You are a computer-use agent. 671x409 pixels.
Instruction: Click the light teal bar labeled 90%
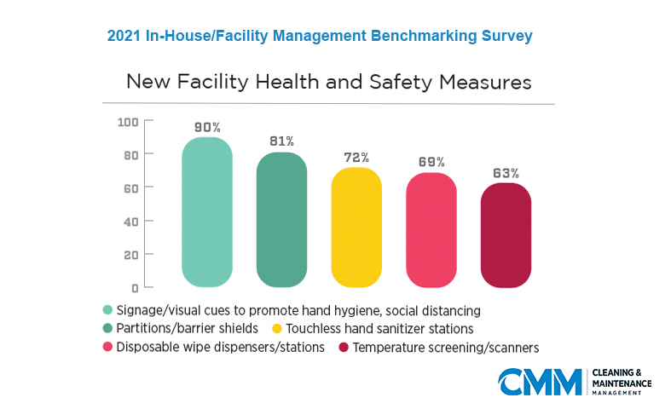[207, 212]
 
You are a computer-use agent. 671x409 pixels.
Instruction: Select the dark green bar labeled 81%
[281, 220]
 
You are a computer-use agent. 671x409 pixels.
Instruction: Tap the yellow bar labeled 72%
[356, 228]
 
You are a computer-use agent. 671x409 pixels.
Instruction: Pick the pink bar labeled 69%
[431, 230]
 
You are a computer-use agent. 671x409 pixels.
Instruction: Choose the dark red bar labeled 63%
[506, 235]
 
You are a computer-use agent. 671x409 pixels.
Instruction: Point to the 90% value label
[207, 128]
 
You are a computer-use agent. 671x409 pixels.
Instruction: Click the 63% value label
[506, 173]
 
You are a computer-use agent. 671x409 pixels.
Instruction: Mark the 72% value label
[356, 158]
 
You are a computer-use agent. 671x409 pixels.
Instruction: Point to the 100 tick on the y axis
[128, 122]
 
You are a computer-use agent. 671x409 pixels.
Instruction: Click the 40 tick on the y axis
[130, 221]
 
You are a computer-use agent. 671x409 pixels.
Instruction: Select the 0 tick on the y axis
[135, 287]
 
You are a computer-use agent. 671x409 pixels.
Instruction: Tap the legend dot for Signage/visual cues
[107, 310]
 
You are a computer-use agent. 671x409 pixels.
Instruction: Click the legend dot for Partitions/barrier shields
[107, 329]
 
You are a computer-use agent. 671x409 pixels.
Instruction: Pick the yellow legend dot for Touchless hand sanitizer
[277, 329]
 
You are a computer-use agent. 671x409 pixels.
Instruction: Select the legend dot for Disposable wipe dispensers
[107, 348]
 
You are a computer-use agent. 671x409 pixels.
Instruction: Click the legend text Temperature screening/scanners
[446, 348]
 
